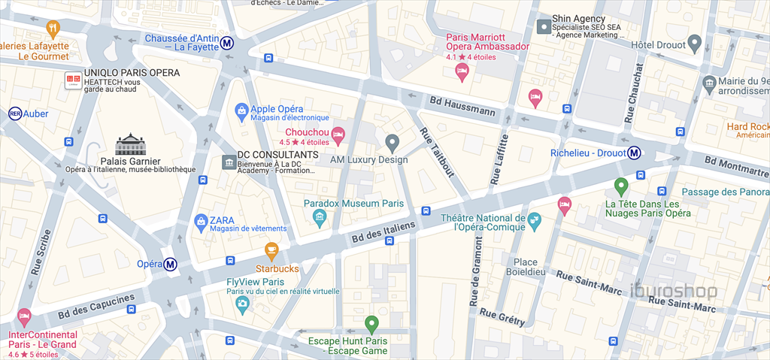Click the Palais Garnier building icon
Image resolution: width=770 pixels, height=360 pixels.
(x=130, y=144)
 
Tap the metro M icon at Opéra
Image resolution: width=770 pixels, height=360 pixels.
(x=171, y=264)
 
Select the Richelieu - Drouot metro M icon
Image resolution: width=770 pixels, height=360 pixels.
(x=635, y=153)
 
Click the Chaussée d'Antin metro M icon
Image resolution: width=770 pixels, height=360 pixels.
(x=227, y=44)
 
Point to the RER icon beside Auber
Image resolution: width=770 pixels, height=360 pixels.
(x=14, y=113)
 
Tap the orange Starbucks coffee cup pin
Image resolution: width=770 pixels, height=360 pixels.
(x=271, y=251)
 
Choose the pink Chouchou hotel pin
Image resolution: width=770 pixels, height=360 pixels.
(x=338, y=135)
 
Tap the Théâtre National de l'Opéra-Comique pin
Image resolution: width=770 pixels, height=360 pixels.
(x=534, y=220)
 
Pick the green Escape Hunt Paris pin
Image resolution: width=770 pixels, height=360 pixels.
(x=371, y=325)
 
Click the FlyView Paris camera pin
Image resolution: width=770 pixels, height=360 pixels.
(x=242, y=304)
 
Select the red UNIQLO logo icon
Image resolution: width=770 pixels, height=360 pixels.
(x=73, y=80)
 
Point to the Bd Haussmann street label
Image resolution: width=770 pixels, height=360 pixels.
(x=462, y=106)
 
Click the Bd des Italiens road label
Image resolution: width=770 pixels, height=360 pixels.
(x=383, y=231)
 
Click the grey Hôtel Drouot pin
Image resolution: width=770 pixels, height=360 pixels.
(x=696, y=44)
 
